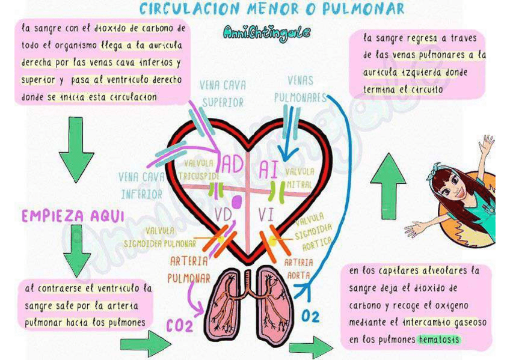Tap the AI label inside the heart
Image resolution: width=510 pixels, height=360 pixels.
tap(268, 169)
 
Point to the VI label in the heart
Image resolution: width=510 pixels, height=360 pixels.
tap(266, 214)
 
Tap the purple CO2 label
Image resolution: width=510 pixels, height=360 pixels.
tap(180, 326)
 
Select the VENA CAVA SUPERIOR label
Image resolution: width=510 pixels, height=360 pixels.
tap(223, 94)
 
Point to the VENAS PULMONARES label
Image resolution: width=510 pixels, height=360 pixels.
tap(300, 88)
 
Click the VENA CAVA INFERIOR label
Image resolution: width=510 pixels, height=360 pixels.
tap(141, 185)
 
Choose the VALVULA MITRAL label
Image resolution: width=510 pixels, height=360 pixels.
tap(300, 178)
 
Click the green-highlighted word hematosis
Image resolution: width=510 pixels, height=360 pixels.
tap(438, 340)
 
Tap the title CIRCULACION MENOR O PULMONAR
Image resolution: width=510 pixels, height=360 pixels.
tap(272, 9)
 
